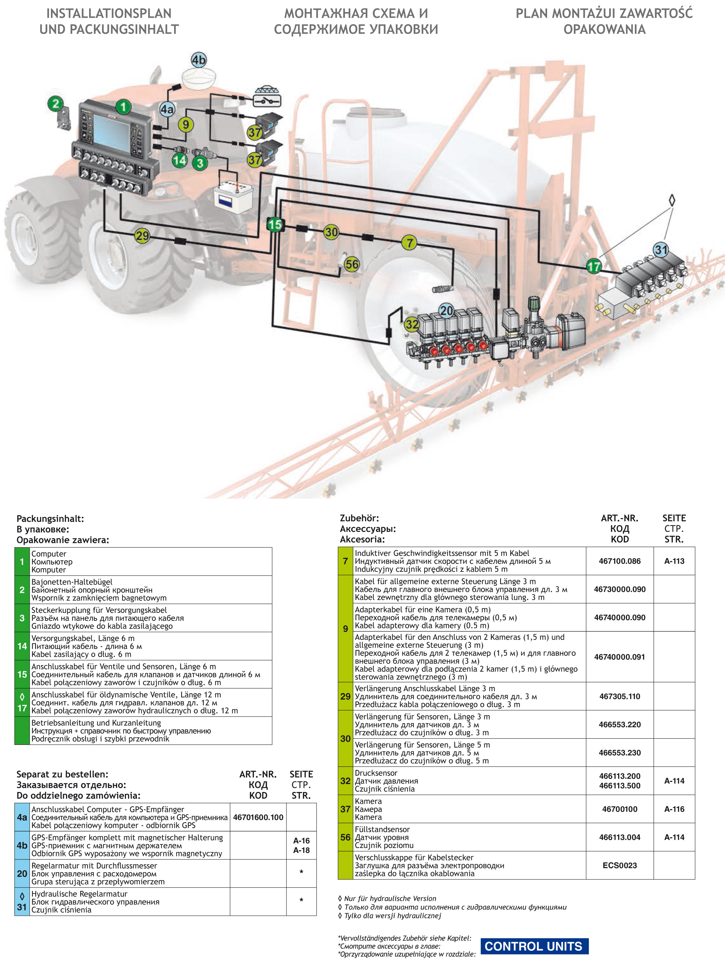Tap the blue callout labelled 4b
(199, 60)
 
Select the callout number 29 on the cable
(142, 236)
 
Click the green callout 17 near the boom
(594, 266)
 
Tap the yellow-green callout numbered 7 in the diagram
(409, 242)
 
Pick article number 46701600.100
(258, 817)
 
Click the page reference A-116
(674, 809)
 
